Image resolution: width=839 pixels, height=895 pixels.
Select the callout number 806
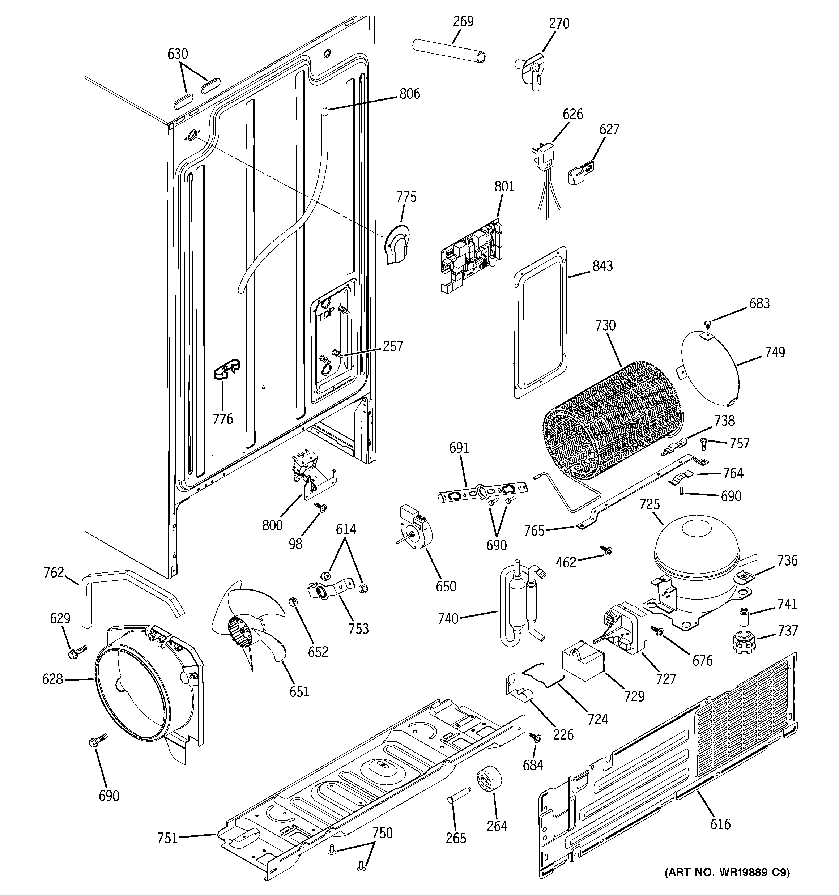point(409,94)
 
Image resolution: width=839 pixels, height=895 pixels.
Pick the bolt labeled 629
point(77,651)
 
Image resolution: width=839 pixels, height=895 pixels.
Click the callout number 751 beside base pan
point(167,838)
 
